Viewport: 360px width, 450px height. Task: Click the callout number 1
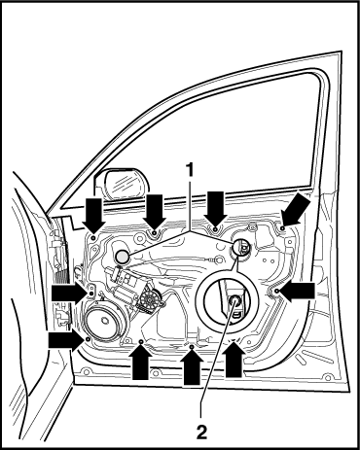(189, 170)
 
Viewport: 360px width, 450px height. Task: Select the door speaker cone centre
(105, 321)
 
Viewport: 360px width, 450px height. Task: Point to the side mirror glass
(125, 184)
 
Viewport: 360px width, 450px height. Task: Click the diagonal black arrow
(296, 210)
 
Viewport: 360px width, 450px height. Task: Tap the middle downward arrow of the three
(155, 213)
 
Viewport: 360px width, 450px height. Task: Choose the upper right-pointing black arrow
(68, 294)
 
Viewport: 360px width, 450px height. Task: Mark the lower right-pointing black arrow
(65, 340)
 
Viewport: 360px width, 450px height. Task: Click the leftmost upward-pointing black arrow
(140, 362)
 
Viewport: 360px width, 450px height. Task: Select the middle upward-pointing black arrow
(192, 367)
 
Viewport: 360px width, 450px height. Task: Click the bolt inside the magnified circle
(234, 300)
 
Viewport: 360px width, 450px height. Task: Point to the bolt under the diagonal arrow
(282, 228)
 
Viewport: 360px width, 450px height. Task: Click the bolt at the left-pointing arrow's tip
(276, 292)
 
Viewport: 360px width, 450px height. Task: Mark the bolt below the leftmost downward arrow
(93, 238)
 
